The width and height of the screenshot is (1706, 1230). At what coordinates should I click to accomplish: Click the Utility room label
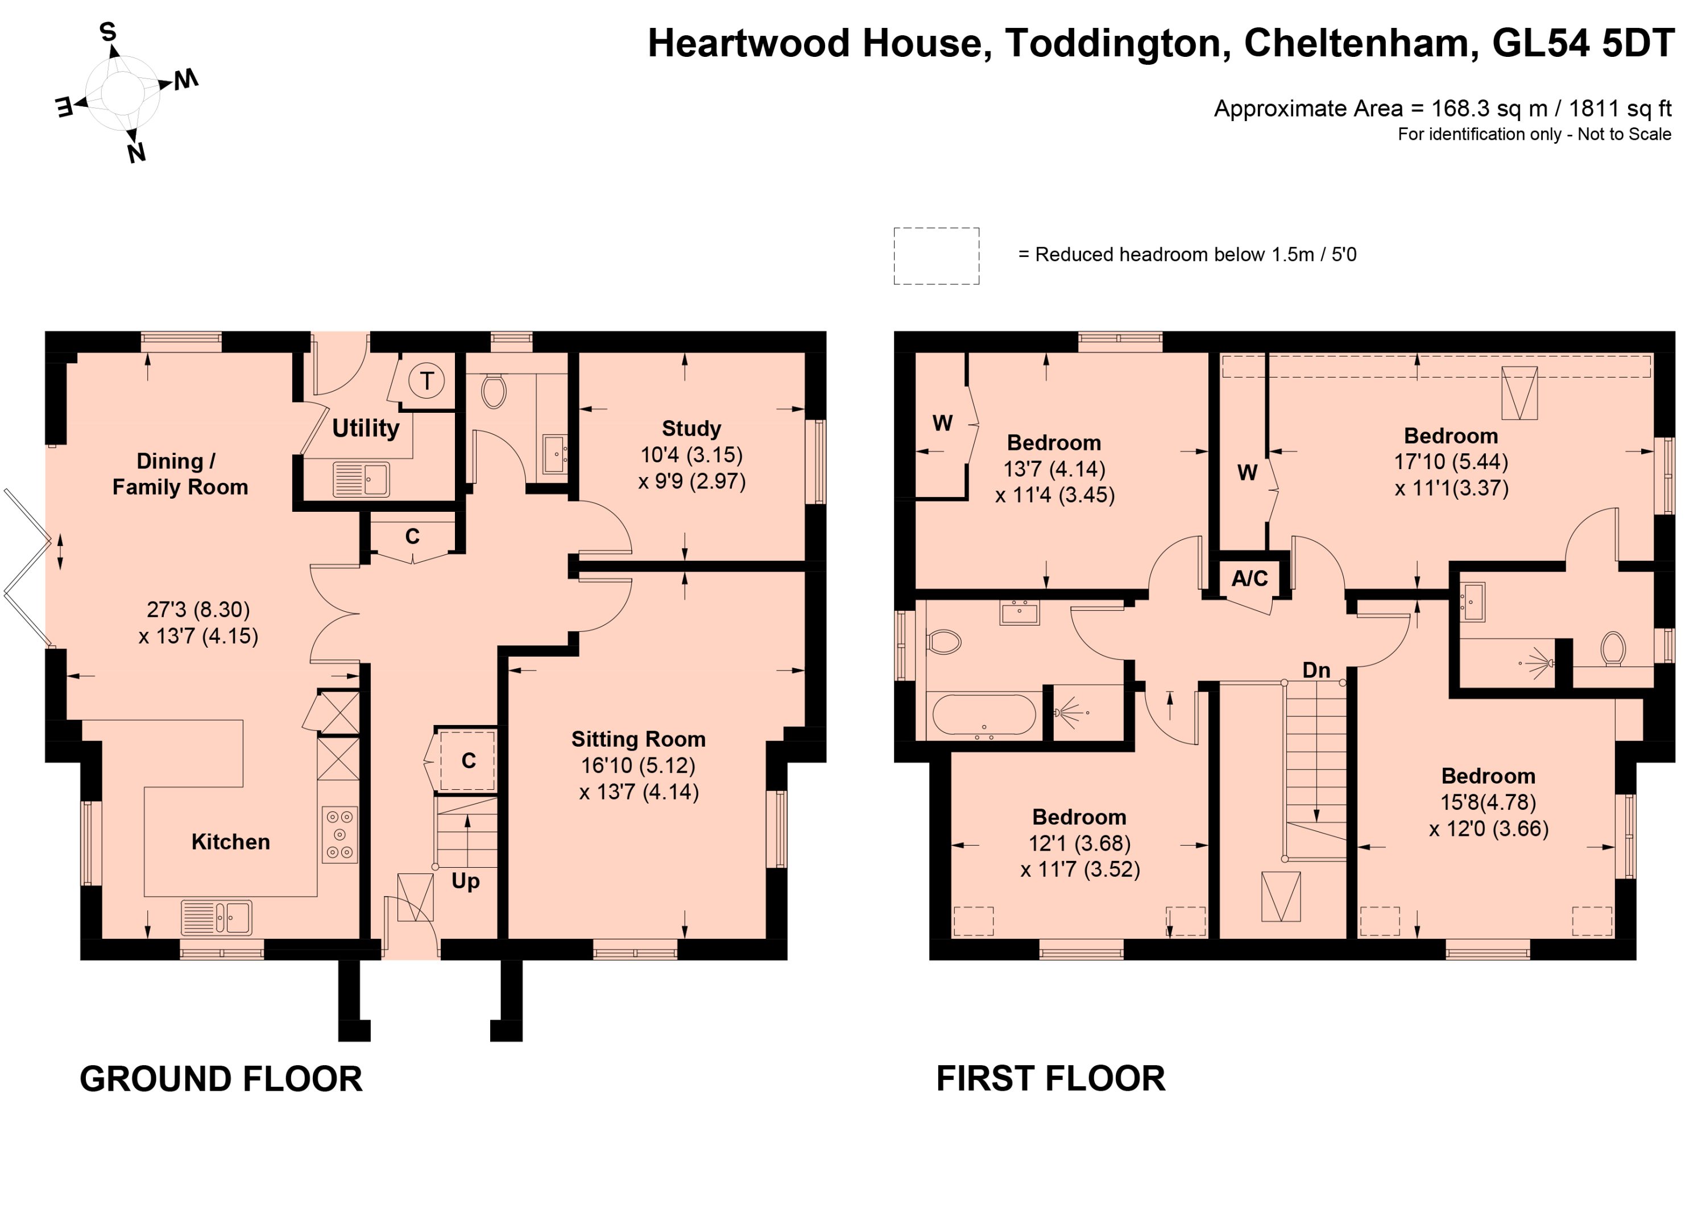click(366, 428)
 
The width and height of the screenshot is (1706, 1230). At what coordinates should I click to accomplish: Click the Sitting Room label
click(639, 739)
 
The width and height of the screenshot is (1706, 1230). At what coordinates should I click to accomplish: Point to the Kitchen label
click(230, 841)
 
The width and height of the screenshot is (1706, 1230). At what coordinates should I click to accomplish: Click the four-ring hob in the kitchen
click(339, 834)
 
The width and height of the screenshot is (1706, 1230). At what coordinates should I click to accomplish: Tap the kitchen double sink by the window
click(217, 917)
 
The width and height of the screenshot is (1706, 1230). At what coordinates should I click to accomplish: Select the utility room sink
click(361, 479)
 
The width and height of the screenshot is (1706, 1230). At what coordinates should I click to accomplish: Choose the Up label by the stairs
click(466, 881)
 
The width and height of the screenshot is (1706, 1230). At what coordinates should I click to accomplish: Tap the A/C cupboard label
click(1249, 578)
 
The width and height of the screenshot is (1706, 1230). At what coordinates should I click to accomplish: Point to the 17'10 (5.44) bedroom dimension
click(1451, 461)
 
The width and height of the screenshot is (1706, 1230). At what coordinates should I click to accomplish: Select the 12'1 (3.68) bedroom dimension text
click(1079, 843)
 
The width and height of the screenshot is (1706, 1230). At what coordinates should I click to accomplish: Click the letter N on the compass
click(136, 154)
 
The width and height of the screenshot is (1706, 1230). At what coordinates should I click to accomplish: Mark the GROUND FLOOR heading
click(221, 1079)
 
